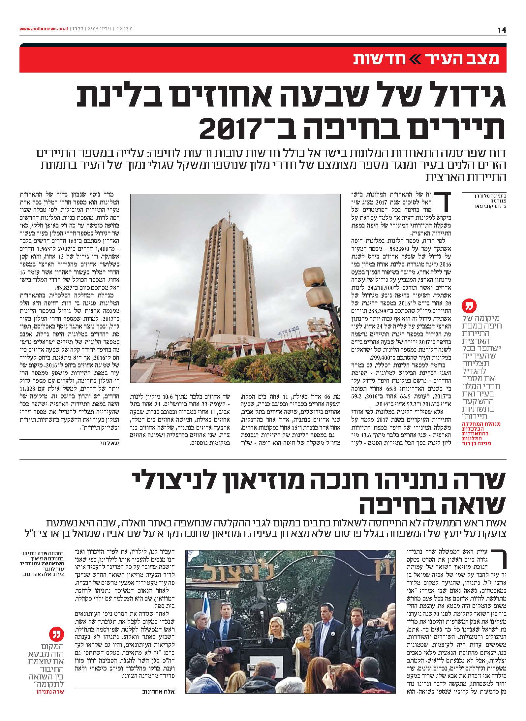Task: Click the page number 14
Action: (502, 30)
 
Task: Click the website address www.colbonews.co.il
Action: (44, 29)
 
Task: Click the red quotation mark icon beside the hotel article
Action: (469, 306)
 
